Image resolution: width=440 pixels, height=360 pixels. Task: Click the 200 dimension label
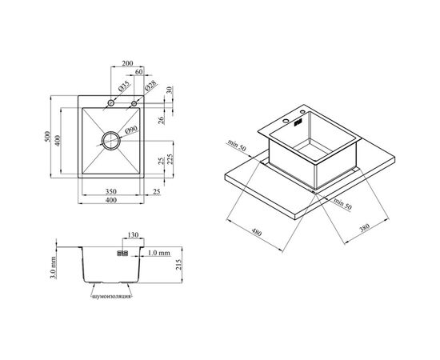(x=127, y=63)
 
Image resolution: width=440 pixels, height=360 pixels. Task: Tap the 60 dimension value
(x=139, y=72)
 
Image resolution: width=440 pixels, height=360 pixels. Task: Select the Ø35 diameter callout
(x=124, y=86)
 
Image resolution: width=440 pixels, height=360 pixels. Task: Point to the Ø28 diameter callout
(x=151, y=86)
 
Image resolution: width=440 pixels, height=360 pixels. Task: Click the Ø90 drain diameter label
(x=131, y=130)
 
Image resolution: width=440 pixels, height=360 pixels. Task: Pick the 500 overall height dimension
(x=48, y=136)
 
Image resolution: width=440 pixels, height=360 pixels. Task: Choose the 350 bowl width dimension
(x=111, y=192)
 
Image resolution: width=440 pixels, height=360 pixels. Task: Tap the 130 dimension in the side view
(x=133, y=235)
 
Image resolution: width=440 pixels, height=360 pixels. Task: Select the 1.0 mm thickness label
(x=159, y=253)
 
